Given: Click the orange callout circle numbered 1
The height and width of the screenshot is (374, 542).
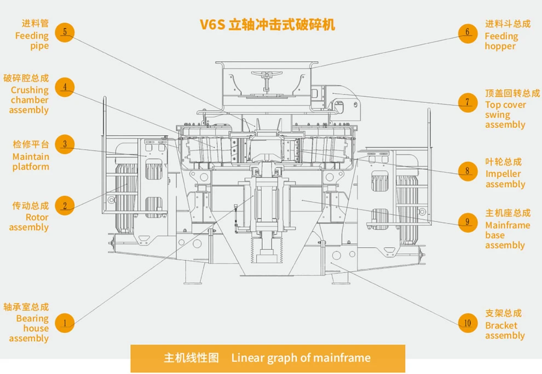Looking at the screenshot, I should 65,323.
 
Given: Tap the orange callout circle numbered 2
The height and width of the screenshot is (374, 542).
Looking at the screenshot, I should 65,206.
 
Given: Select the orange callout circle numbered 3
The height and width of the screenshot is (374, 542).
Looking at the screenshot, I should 65,144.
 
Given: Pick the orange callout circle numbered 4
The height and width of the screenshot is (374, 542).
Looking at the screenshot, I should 65,87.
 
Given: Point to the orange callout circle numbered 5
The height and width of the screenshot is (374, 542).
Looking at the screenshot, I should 65,32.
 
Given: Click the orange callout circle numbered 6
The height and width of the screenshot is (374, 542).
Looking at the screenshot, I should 468,32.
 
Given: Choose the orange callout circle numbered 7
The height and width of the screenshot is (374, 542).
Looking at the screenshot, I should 468,102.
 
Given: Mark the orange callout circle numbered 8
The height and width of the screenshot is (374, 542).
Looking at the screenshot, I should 468,171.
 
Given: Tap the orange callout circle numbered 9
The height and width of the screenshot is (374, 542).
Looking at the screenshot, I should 468,222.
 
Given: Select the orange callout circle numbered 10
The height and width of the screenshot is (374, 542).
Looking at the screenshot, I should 468,323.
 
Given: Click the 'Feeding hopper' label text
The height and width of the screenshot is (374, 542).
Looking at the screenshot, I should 501,41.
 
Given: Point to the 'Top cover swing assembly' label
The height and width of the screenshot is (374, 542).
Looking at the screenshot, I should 505,115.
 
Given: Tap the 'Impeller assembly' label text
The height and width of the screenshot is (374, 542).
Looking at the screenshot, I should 505,179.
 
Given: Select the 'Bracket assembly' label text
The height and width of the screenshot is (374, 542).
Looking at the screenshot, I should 505,330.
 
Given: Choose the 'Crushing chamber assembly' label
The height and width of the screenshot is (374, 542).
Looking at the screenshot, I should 30,100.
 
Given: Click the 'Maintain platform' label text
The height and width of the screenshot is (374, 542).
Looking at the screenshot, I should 31,161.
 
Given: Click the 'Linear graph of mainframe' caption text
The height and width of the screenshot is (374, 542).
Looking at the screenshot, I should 301,358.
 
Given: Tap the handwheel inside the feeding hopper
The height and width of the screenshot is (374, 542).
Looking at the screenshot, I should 268,77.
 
